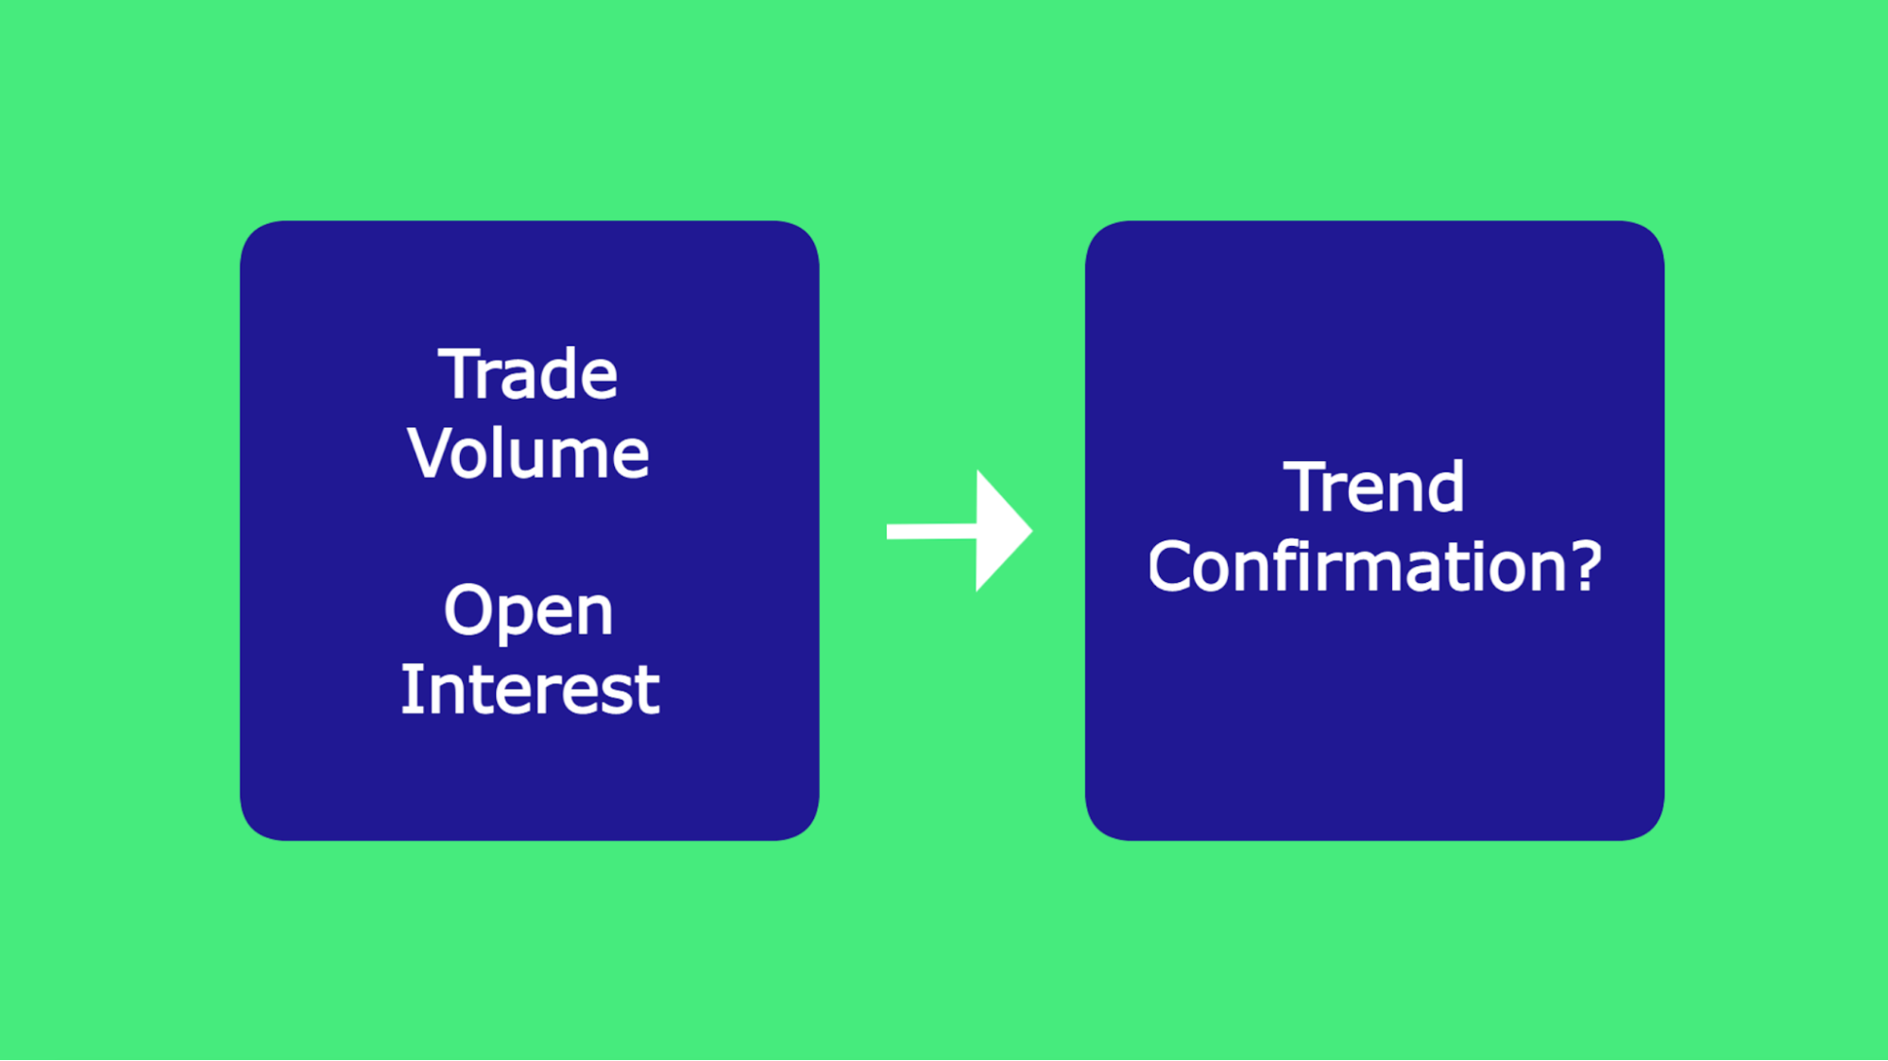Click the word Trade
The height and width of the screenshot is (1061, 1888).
[x=527, y=374]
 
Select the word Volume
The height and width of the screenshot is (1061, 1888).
[x=528, y=453]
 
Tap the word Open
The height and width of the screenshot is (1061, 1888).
[x=528, y=611]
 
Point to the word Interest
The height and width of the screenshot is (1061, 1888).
[x=529, y=690]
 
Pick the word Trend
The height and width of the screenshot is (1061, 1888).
[x=1373, y=488]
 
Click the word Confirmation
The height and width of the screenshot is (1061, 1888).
[x=1360, y=567]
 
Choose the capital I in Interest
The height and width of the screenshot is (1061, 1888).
[x=409, y=690]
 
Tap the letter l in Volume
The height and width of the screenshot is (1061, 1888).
[x=510, y=452]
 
